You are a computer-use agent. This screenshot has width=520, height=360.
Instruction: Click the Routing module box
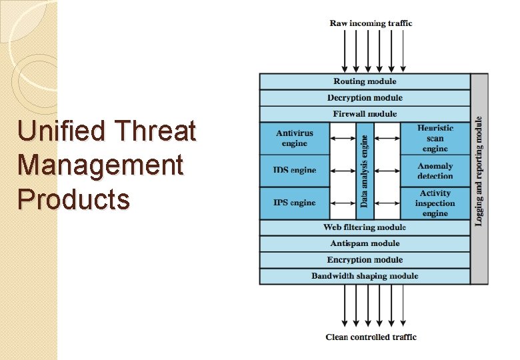click(x=365, y=81)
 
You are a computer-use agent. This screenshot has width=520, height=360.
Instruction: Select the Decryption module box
click(x=365, y=98)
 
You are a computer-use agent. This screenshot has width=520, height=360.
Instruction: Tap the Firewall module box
click(x=365, y=114)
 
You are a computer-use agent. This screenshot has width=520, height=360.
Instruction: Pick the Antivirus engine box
click(x=294, y=139)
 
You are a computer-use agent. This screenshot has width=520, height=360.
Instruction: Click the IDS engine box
click(x=294, y=171)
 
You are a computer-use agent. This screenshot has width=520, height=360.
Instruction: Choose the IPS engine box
click(x=294, y=203)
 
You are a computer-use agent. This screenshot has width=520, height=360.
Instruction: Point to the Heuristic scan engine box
click(x=435, y=139)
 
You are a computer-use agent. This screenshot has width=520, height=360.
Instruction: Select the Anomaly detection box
click(x=435, y=171)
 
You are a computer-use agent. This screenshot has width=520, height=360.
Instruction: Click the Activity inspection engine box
click(x=435, y=203)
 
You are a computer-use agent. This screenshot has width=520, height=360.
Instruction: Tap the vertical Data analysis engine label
click(x=365, y=171)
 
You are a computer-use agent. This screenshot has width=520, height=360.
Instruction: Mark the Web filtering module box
click(x=365, y=227)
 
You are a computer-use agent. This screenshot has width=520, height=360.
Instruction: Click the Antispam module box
click(x=365, y=244)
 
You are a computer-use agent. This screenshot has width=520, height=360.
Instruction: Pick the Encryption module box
click(x=365, y=260)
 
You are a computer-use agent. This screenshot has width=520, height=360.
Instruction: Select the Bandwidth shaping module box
click(x=365, y=276)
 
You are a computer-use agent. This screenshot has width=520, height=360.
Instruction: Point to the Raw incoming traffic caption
click(x=371, y=23)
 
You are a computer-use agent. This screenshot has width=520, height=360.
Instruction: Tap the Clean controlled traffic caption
click(x=371, y=337)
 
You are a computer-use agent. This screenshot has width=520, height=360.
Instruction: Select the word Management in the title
click(x=101, y=165)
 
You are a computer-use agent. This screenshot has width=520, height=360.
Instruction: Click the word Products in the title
click(x=74, y=199)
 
